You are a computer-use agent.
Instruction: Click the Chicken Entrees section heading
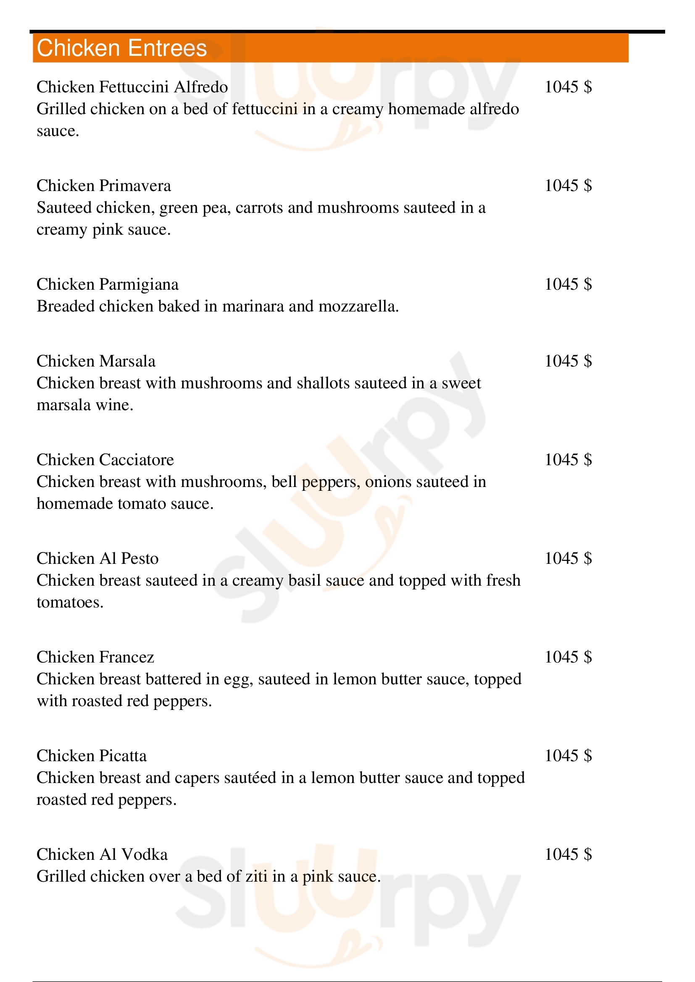point(121,48)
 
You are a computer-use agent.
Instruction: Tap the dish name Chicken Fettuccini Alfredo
point(132,87)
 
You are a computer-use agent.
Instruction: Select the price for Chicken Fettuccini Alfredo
point(568,87)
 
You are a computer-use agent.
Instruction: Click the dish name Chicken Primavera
point(103,186)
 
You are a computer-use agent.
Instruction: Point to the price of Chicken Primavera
point(568,186)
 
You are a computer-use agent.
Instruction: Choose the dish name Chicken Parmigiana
point(108,285)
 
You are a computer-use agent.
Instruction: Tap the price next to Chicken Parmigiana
point(568,285)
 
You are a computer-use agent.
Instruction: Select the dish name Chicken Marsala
point(96,361)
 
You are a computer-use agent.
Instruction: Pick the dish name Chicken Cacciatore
point(105,460)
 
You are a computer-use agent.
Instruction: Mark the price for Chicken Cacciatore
point(568,460)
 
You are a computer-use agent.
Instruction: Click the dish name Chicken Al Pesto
point(97,559)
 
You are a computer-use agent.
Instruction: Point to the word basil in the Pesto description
point(305,581)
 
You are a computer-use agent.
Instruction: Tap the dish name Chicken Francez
point(95,657)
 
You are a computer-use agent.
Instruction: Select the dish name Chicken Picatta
point(91,756)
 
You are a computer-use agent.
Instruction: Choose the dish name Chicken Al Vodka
point(102,854)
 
